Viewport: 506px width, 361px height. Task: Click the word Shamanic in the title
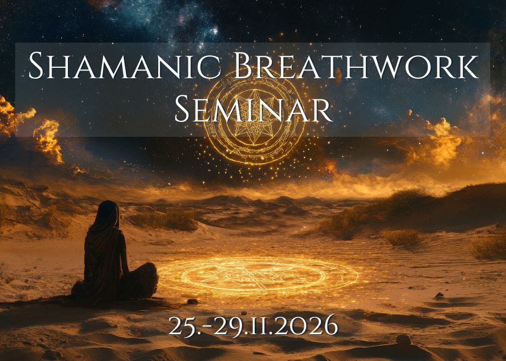124,66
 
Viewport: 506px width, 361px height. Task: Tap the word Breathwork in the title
357,66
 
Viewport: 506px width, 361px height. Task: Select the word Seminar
254,109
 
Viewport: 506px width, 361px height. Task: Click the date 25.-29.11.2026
253,325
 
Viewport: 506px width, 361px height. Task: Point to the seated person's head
108,213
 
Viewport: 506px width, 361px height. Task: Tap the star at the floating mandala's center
255,118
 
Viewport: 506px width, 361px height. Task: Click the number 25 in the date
181,325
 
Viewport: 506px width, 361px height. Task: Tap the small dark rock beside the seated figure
192,302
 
